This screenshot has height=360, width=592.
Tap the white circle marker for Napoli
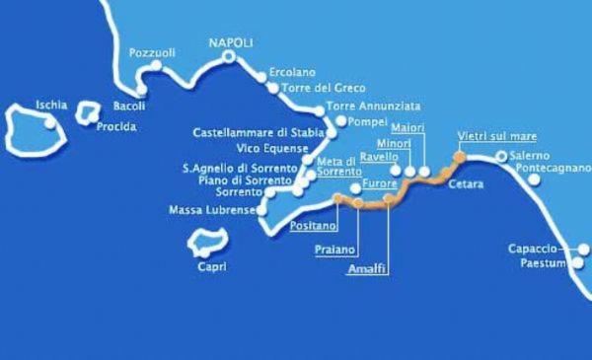pos(229,57)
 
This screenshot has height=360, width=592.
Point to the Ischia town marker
pos(50,123)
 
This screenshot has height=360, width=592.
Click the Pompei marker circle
pos(340,122)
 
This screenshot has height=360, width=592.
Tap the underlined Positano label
pos(310,226)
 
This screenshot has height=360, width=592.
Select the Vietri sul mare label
pos(489,136)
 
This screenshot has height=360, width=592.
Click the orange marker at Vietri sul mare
pos(459,157)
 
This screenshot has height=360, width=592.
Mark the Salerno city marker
pos(501,156)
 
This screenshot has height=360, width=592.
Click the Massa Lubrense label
pos(211,210)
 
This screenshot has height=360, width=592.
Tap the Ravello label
pos(379,157)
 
